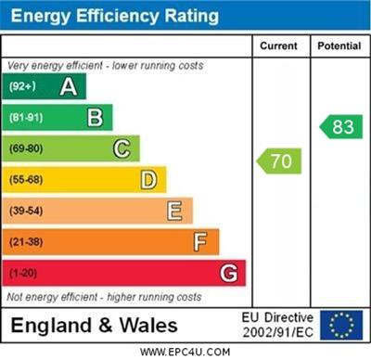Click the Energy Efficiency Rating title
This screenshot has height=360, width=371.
[114, 17]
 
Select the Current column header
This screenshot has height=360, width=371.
[278, 45]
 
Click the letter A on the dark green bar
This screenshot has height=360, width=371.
[68, 86]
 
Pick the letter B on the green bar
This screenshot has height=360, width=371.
[95, 117]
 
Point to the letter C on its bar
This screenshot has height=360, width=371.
[122, 148]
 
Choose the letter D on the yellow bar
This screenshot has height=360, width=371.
[148, 179]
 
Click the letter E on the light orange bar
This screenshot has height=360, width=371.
[174, 211]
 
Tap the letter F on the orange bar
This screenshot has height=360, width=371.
[200, 242]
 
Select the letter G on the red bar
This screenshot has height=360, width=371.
[228, 273]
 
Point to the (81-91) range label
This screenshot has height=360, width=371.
[25, 118]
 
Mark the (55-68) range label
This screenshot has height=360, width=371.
[25, 180]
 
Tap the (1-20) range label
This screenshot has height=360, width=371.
[22, 274]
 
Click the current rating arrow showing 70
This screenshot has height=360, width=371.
[279, 161]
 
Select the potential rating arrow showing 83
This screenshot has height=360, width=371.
[340, 127]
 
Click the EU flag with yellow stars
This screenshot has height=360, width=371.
[341, 324]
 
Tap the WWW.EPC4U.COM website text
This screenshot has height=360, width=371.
[185, 353]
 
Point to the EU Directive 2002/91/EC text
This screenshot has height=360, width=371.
[277, 324]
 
